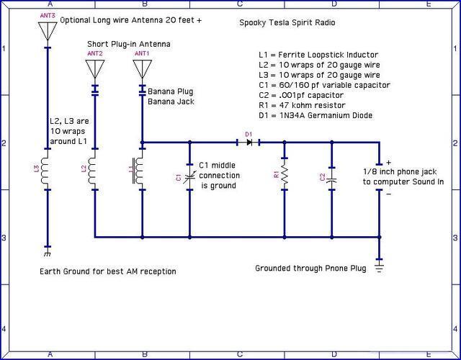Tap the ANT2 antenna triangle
click(94, 68)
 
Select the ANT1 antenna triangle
click(142, 68)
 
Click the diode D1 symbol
click(249, 143)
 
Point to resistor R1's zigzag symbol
click(285, 175)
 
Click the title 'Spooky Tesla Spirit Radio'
click(287, 22)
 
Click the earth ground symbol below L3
click(48, 253)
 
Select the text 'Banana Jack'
click(171, 102)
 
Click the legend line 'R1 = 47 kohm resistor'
click(310, 105)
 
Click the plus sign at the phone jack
click(388, 163)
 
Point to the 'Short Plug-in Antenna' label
click(128, 44)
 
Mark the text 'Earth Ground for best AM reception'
click(108, 271)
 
